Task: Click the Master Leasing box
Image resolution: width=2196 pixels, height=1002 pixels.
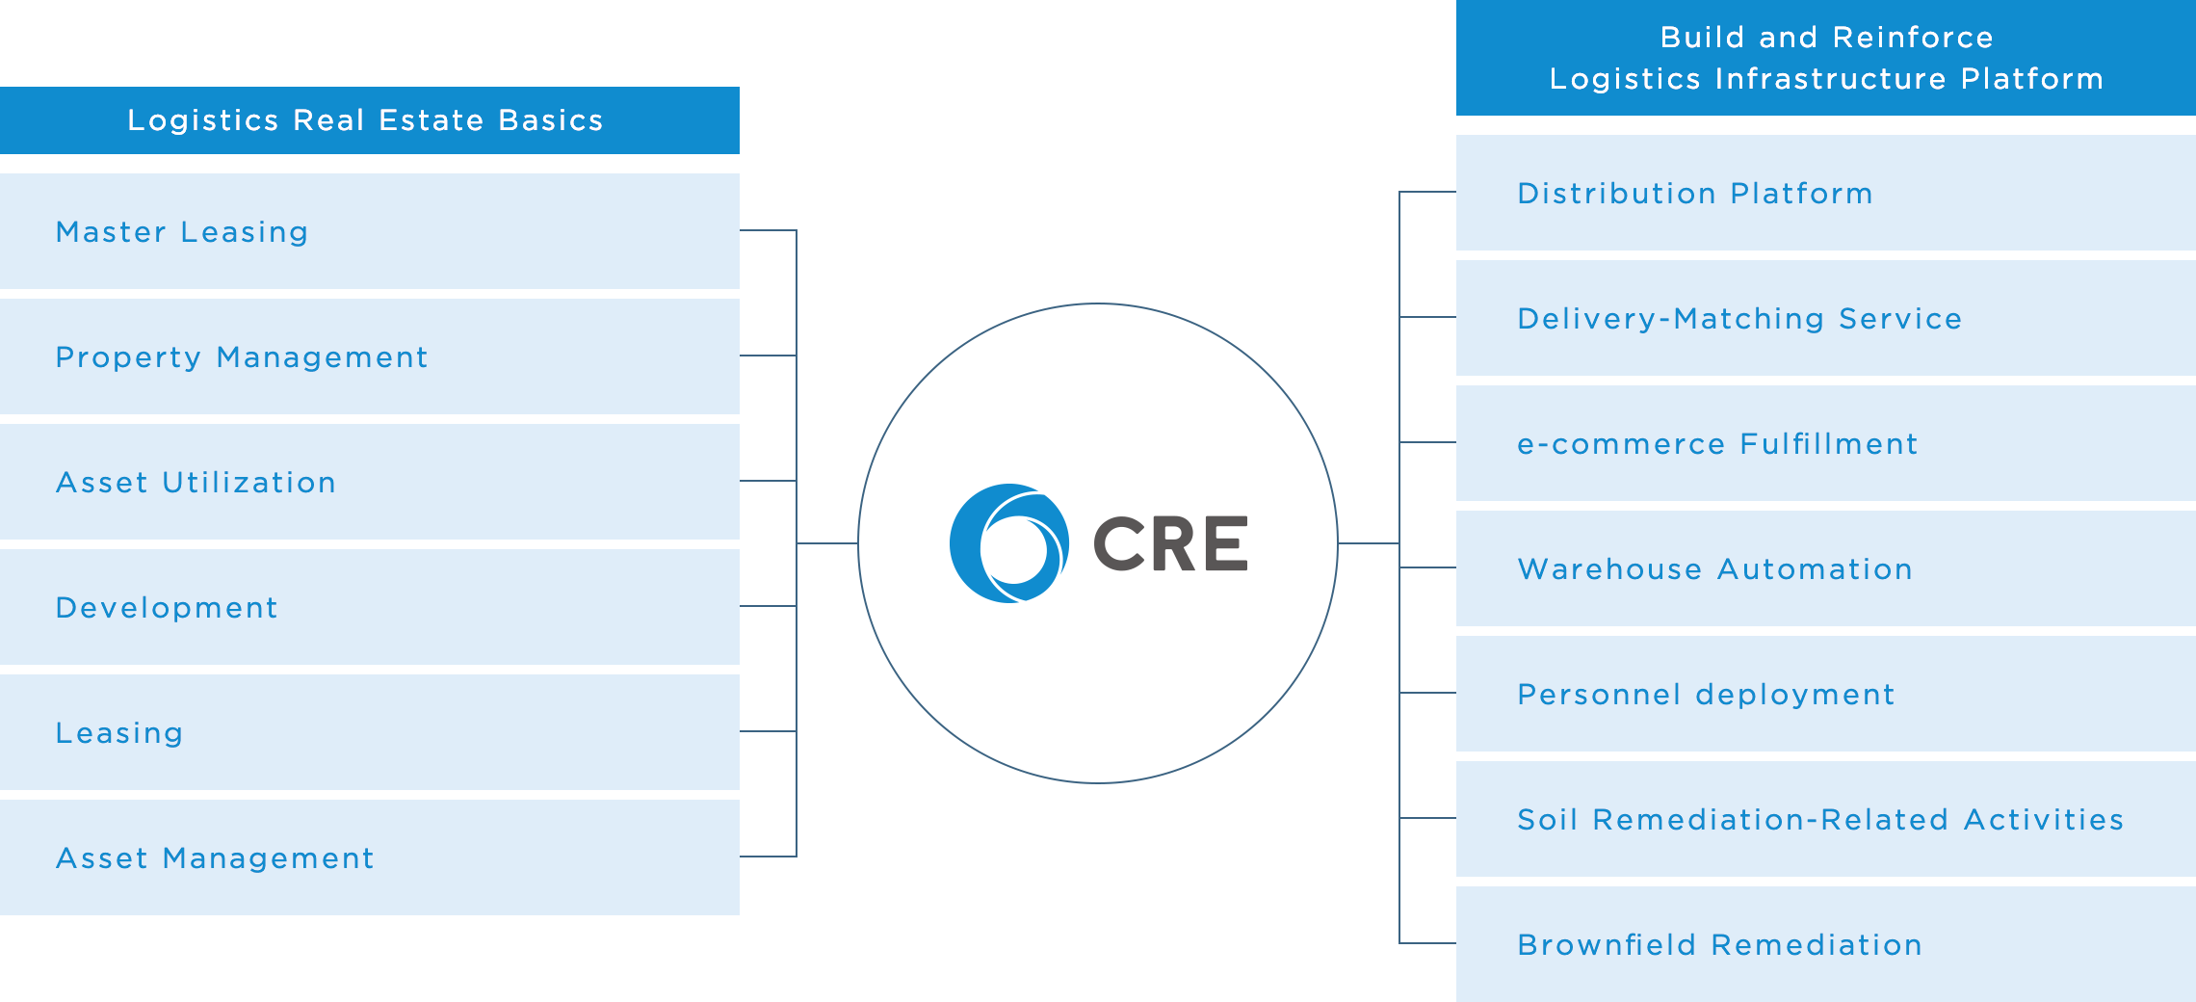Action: point(370,232)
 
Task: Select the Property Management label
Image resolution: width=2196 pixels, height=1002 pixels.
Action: point(241,357)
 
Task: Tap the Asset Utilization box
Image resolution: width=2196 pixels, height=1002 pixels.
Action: point(370,483)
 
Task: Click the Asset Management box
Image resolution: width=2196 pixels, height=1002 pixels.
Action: point(370,857)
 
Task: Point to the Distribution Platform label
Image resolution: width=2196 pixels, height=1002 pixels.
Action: point(1694,194)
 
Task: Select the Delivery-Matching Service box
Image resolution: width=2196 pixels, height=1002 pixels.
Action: point(1824,318)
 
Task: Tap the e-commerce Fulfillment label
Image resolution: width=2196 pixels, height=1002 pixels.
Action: point(1717,444)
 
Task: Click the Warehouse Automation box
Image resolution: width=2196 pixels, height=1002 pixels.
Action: point(1824,568)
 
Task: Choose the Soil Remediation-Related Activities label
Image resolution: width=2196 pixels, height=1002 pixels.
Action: point(1820,820)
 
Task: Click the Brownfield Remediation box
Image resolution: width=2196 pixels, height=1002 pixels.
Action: point(1824,944)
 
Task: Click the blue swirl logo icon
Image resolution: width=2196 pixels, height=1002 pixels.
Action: point(1008,543)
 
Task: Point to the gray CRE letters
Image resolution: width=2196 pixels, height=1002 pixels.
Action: point(1170,544)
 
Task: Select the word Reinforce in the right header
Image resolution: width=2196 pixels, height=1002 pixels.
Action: point(1913,38)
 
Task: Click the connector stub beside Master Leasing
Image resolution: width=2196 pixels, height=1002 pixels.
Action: point(769,230)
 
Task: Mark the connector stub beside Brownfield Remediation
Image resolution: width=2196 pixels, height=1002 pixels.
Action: point(1427,943)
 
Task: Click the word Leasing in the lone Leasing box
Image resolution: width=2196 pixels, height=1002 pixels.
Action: point(119,733)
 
